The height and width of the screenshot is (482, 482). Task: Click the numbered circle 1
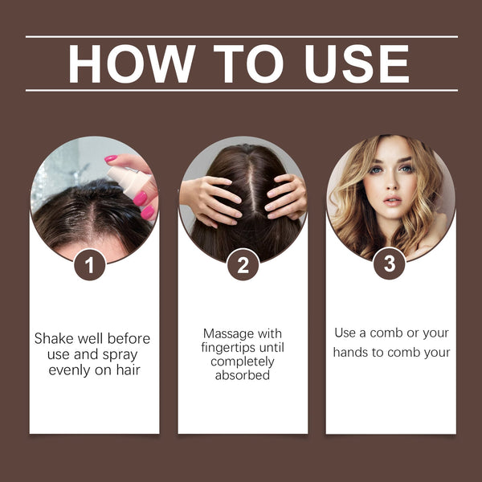(x=90, y=265)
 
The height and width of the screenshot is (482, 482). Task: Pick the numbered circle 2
(x=243, y=265)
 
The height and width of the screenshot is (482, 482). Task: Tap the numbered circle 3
(x=390, y=265)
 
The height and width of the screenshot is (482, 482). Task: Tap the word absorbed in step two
(x=243, y=375)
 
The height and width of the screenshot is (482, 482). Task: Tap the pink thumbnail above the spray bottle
(x=111, y=159)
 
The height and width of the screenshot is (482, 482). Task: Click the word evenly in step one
(x=70, y=370)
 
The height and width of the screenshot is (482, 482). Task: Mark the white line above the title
(x=241, y=37)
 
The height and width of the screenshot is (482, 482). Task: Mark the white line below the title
(x=241, y=90)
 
